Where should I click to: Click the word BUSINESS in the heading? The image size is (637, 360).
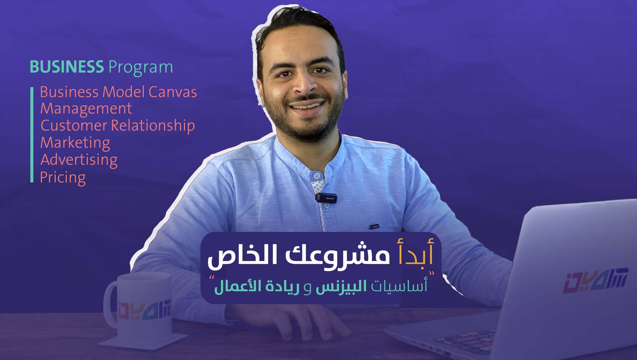click(x=67, y=67)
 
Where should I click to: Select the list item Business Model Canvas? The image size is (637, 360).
click(x=118, y=92)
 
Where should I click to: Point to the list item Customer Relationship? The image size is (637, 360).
click(x=118, y=126)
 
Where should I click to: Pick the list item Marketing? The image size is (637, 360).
click(x=75, y=143)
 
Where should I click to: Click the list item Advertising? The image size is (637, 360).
click(x=79, y=160)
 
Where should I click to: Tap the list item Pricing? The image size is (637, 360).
click(x=63, y=177)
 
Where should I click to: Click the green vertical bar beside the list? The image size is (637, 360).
click(x=32, y=135)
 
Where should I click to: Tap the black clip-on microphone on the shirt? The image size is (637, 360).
click(x=326, y=198)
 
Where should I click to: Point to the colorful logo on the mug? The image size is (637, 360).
click(x=144, y=310)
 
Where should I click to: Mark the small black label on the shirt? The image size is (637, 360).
click(x=374, y=226)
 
